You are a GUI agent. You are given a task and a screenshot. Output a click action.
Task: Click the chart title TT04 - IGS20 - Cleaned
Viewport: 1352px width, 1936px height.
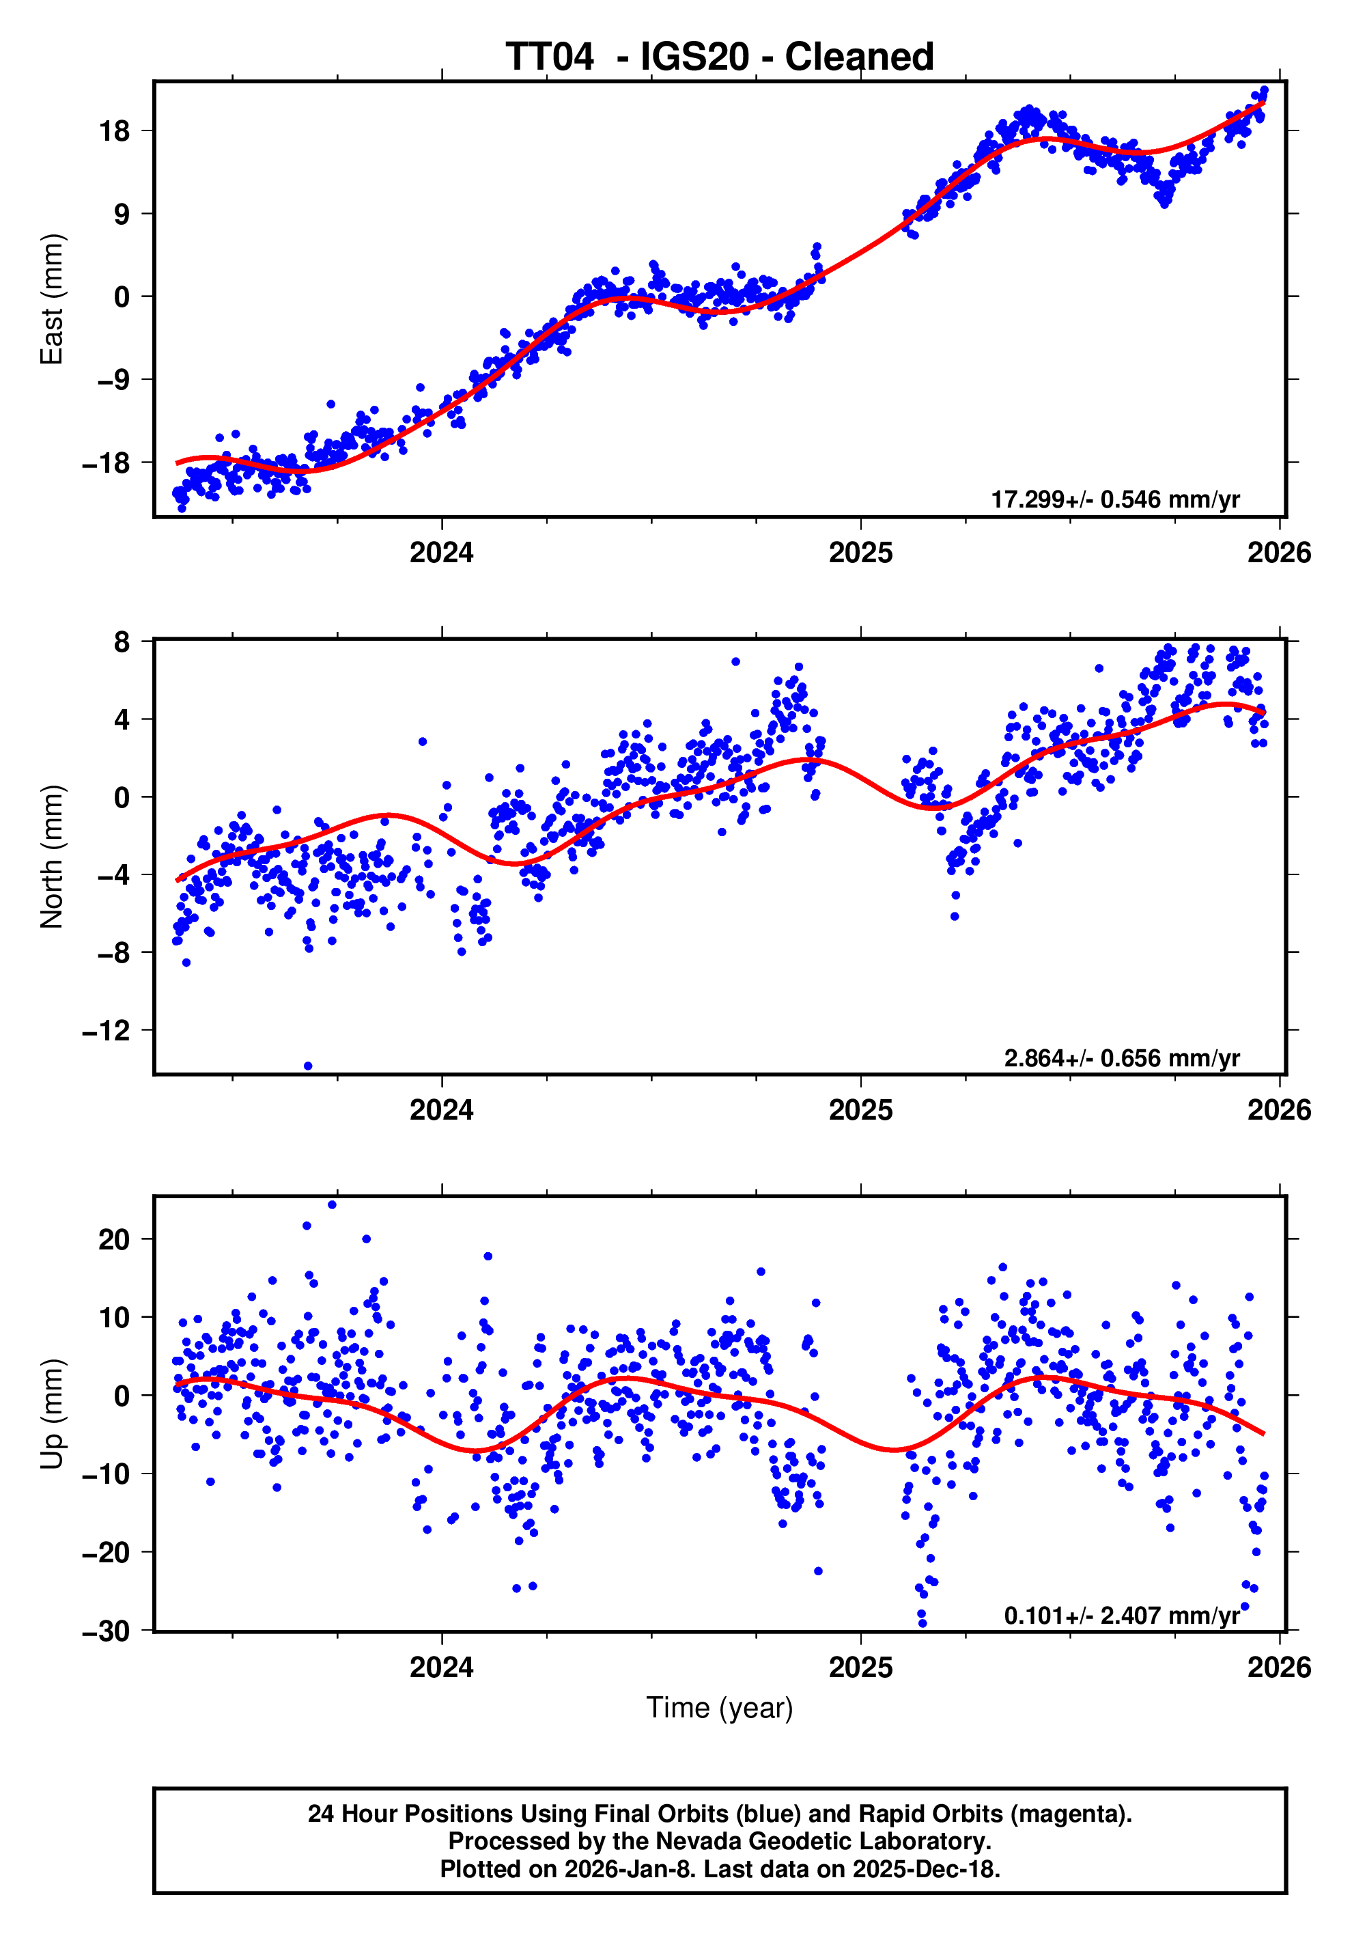[719, 57]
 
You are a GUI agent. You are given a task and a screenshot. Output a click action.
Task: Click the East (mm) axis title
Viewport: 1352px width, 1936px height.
[53, 299]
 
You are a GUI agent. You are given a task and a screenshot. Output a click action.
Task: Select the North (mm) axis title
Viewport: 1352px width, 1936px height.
[53, 857]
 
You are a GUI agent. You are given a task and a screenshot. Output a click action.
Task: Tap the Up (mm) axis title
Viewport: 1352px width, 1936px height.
[53, 1414]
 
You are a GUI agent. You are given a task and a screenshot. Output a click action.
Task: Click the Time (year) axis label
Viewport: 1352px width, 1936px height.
[719, 1707]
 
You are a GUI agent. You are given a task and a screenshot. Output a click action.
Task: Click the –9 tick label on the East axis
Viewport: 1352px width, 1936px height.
[113, 381]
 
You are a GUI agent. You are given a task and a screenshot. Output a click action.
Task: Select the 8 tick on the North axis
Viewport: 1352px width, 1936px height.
[122, 643]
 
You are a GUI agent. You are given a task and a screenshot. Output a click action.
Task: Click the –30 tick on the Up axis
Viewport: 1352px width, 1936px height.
[107, 1631]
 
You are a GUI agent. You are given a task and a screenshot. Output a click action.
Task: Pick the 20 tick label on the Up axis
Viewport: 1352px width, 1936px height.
[115, 1239]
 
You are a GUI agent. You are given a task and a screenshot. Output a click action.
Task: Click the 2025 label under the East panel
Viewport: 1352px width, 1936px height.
[860, 553]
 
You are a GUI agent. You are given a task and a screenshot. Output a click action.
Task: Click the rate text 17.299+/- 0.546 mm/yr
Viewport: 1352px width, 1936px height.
[1114, 500]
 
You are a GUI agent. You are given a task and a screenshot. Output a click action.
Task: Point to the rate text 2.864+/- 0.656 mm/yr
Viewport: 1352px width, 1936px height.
[1121, 1058]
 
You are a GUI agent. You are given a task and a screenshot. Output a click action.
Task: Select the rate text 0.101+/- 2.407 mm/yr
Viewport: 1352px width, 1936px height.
[1121, 1616]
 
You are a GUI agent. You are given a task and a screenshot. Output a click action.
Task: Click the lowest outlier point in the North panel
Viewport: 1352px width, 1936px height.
[308, 1066]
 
